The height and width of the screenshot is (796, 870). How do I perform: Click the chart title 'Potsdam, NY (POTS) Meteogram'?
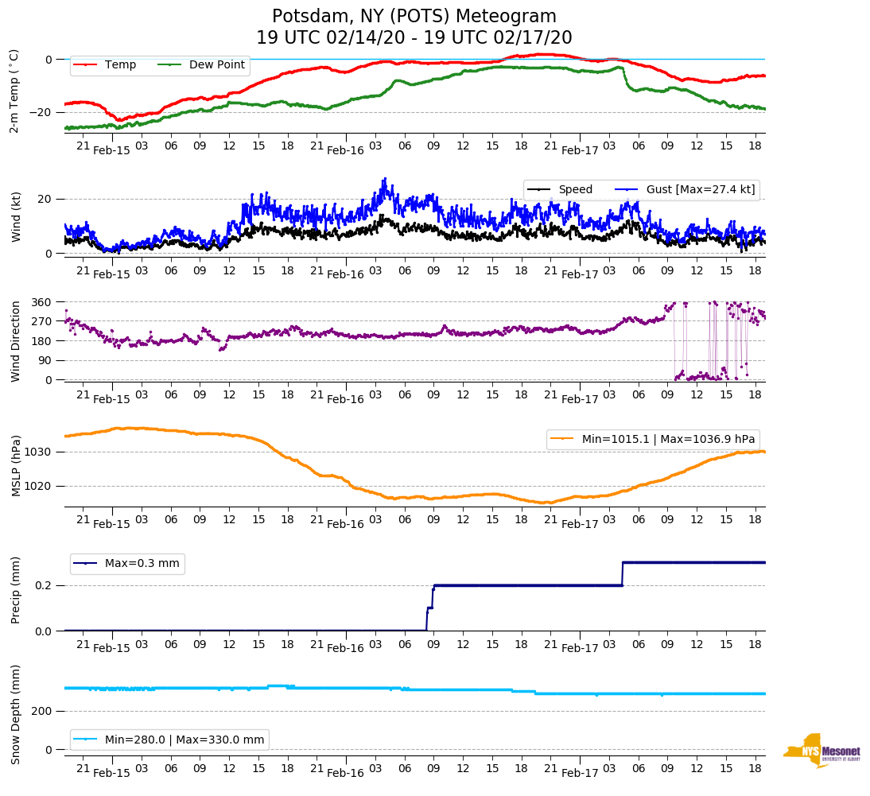[414, 17]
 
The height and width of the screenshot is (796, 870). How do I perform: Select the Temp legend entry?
[120, 65]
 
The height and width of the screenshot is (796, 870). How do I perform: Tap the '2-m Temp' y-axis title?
[14, 91]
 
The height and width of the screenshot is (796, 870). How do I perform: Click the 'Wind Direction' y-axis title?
[16, 340]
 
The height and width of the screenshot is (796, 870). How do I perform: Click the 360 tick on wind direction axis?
[42, 302]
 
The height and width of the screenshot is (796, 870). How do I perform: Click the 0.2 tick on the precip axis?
[45, 585]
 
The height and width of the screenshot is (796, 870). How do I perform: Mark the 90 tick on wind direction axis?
[45, 360]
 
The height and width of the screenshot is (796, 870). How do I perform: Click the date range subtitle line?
[414, 38]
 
